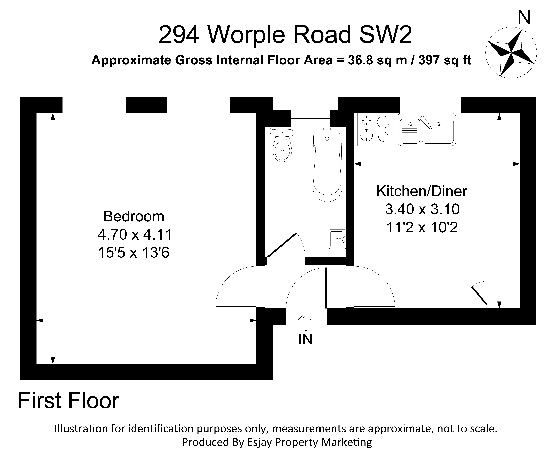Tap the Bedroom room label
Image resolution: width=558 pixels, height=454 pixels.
pyautogui.click(x=134, y=217)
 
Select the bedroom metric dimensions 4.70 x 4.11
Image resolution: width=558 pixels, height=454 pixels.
pyautogui.click(x=135, y=234)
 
